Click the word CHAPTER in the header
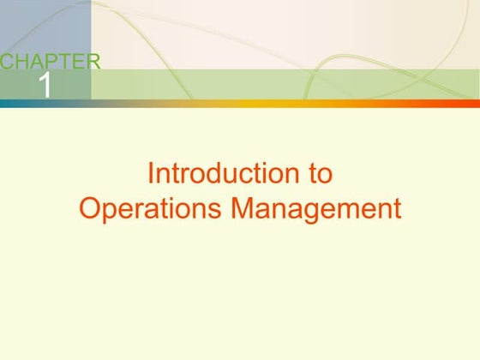point(50,61)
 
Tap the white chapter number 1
point(45,85)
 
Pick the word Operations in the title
point(144,208)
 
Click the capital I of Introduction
point(151,174)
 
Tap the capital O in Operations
point(88,208)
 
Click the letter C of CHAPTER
point(7,61)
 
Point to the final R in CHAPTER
point(93,61)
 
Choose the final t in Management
point(396,208)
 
